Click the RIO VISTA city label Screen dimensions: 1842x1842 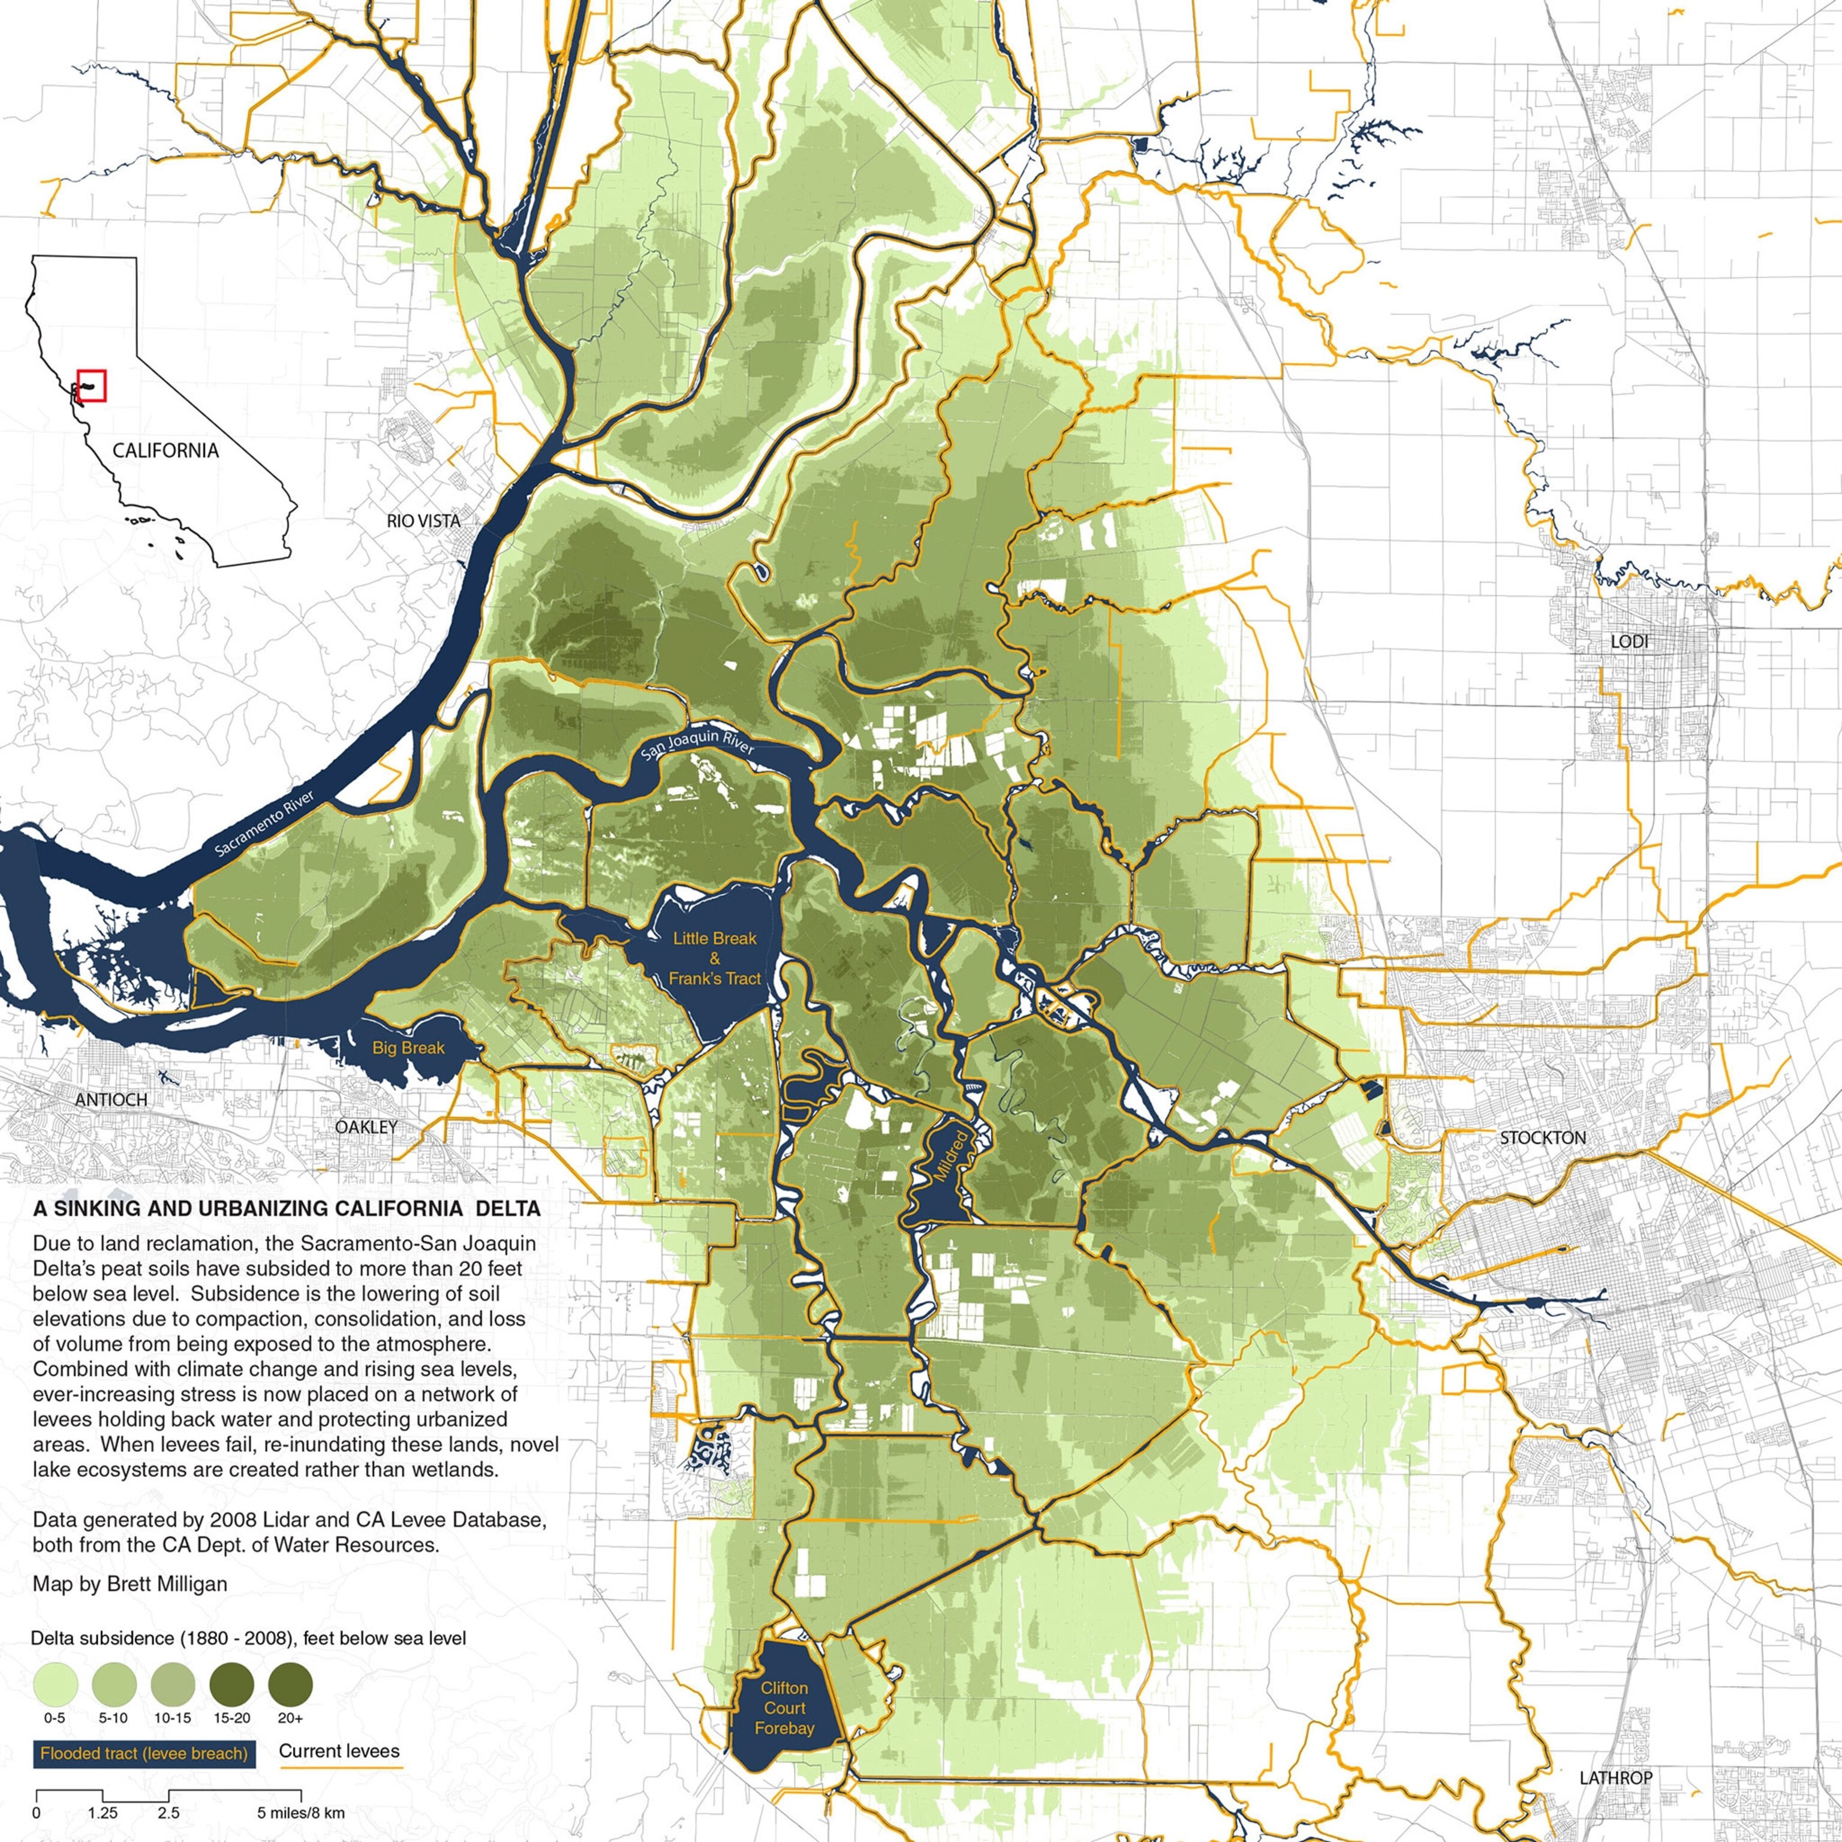(x=423, y=520)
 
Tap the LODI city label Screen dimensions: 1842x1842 (x=1629, y=642)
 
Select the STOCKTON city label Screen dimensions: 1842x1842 (x=1543, y=1137)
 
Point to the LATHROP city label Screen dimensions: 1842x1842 (x=1616, y=1778)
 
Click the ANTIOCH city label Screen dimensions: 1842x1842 (x=112, y=1099)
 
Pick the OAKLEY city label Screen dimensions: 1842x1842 (x=366, y=1127)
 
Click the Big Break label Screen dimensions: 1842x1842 (x=408, y=1048)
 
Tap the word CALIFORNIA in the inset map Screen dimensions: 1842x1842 (x=165, y=450)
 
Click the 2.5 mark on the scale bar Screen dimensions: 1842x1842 (x=168, y=1813)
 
